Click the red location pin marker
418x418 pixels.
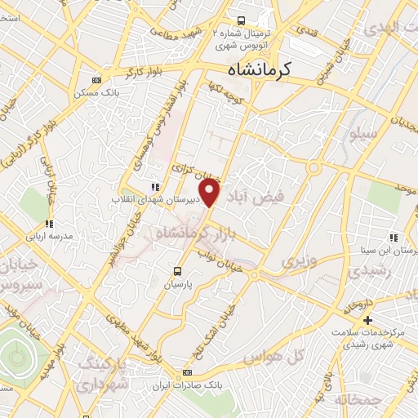pyautogui.click(x=211, y=193)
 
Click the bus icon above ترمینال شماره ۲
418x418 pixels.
pyautogui.click(x=241, y=20)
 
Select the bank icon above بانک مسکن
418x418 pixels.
pyautogui.click(x=98, y=80)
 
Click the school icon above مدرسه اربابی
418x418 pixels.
pyautogui.click(x=49, y=224)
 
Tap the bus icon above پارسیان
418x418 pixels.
pyautogui.click(x=179, y=272)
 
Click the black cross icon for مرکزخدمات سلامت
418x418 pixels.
pyautogui.click(x=368, y=319)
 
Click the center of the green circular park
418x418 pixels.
pyautogui.click(x=16, y=356)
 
